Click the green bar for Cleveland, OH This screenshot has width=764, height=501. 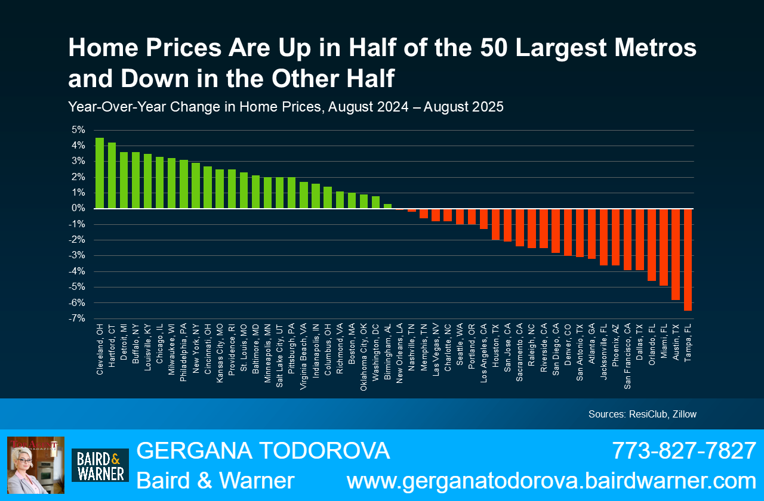point(100,173)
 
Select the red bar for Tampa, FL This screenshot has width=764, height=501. point(688,259)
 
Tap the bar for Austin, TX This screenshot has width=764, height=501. point(676,254)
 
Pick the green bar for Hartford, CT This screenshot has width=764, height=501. point(112,175)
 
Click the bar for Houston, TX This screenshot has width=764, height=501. point(495,224)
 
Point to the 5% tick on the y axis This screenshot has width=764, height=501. point(78,130)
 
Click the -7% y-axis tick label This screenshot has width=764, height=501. point(77,318)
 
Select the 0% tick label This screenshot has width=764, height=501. point(78,209)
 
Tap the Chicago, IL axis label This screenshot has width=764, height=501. point(160,347)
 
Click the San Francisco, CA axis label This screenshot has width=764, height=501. point(628,356)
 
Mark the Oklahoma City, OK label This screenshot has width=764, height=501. point(364,356)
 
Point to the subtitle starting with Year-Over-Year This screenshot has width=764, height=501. point(286,107)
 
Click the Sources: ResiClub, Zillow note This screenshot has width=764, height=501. point(642,414)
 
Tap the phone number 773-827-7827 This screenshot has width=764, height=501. point(684,451)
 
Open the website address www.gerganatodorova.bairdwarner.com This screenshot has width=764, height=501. point(552,481)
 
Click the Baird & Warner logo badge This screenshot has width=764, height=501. point(100,465)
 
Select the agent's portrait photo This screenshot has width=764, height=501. point(36,465)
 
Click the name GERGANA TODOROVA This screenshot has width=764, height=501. point(263,451)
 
